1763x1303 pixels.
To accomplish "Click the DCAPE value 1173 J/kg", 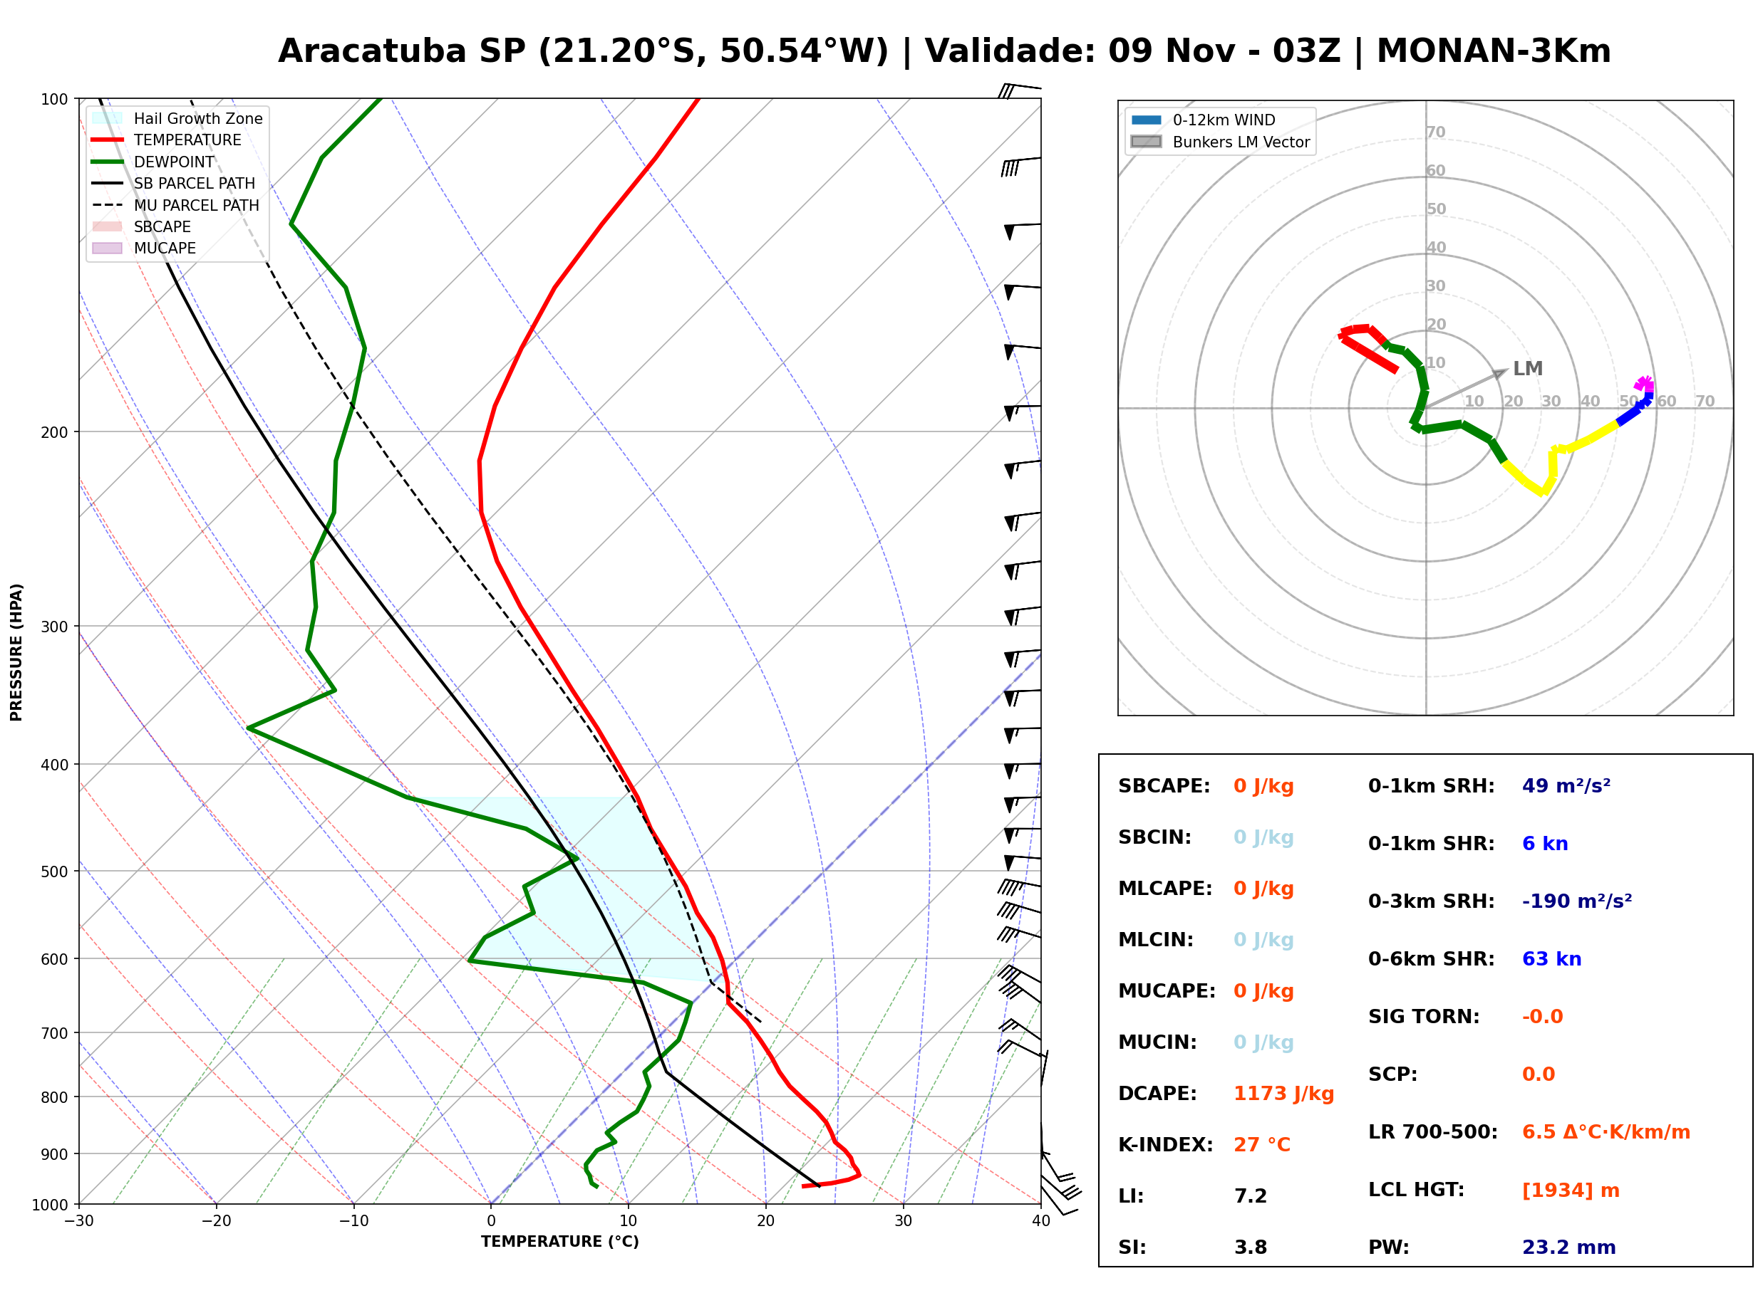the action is tap(1283, 1094).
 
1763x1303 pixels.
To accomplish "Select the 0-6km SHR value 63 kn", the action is tap(1551, 959).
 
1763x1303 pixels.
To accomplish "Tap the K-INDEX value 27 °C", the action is tap(1262, 1145).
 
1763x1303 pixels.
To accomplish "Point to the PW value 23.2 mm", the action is tap(1569, 1247).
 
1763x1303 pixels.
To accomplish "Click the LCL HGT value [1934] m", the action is tap(1571, 1191).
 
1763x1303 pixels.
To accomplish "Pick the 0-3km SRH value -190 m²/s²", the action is tap(1577, 901).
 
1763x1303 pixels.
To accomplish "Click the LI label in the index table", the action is tap(1131, 1196).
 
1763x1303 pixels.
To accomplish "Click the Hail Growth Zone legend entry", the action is tap(177, 118).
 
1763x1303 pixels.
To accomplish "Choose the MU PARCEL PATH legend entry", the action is tap(175, 205).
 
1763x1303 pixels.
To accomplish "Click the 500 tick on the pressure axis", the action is tap(54, 872).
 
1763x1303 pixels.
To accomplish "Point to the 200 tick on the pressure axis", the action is tap(54, 432).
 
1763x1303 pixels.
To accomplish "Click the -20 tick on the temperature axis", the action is tap(215, 1221).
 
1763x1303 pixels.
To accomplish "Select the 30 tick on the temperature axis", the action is tap(903, 1221).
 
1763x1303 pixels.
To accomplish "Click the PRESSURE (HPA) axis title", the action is tap(16, 652).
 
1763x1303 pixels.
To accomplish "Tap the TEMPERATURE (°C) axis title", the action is tap(559, 1242).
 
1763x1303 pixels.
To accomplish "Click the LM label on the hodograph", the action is tap(1528, 369).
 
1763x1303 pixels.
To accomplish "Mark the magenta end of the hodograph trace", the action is tap(1643, 384).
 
